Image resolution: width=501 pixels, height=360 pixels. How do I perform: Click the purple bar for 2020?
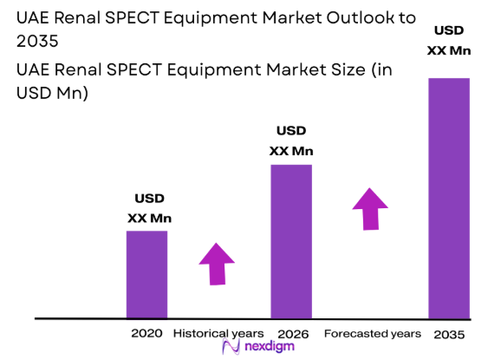coord(146,274)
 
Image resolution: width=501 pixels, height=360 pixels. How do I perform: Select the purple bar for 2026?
coord(291,241)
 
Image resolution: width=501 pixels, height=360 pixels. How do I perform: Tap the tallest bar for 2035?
coord(449,198)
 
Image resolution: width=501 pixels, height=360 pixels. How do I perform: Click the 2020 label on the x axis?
coord(146,334)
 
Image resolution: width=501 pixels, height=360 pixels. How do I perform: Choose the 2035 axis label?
coord(449,335)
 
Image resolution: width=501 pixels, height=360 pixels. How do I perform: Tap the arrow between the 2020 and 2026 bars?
coord(216,263)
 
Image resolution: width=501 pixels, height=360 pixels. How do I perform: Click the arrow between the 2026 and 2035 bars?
coord(370,208)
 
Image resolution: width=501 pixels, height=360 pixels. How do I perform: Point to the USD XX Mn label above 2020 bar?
coord(148,208)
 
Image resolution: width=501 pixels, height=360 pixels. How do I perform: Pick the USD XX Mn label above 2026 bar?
coord(291,141)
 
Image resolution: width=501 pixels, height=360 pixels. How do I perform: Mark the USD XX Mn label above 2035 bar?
coord(449,41)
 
